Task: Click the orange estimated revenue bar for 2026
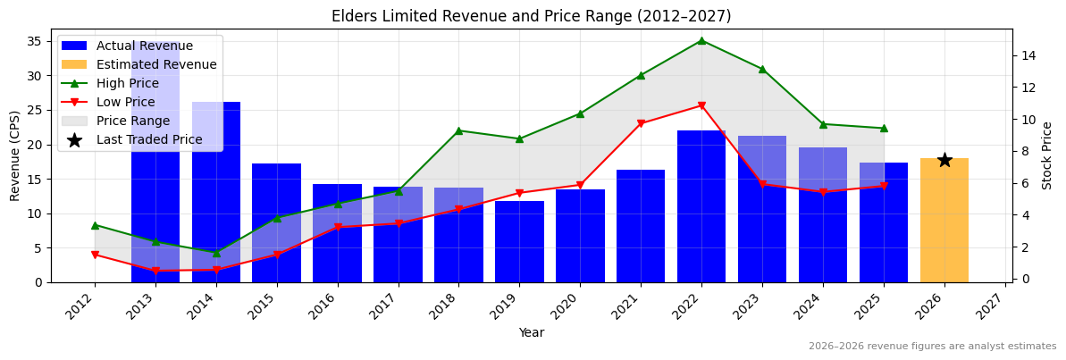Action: (944, 221)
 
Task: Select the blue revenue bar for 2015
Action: (276, 223)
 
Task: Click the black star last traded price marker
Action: (944, 160)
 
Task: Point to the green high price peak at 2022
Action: (701, 40)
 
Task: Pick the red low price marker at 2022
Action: (701, 105)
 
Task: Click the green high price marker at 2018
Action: (458, 130)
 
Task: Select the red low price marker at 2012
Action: (95, 255)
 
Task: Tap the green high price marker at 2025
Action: (884, 128)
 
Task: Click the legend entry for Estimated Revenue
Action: (156, 64)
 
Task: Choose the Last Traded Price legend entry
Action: (149, 139)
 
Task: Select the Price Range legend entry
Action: (133, 121)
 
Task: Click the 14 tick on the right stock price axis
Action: (1028, 55)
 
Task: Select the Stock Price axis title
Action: (1047, 155)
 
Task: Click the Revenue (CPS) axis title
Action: (15, 155)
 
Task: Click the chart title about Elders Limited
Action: (531, 16)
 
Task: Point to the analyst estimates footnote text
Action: (932, 347)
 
